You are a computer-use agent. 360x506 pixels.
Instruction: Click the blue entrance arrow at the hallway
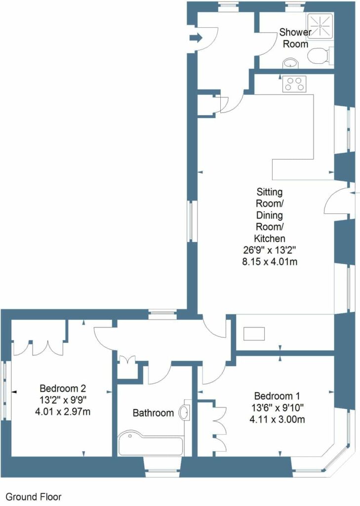click(x=196, y=38)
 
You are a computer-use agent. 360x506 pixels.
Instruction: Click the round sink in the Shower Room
click(x=291, y=63)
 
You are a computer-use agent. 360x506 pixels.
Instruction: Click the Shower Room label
click(x=295, y=38)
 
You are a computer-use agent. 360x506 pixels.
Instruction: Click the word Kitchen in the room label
click(x=270, y=239)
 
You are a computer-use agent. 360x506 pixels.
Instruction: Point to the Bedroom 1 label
click(x=277, y=396)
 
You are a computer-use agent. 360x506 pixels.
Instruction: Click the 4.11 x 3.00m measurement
click(x=277, y=420)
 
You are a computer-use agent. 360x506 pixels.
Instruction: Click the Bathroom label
click(x=153, y=413)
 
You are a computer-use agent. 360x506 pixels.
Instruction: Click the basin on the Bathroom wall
click(x=186, y=412)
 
